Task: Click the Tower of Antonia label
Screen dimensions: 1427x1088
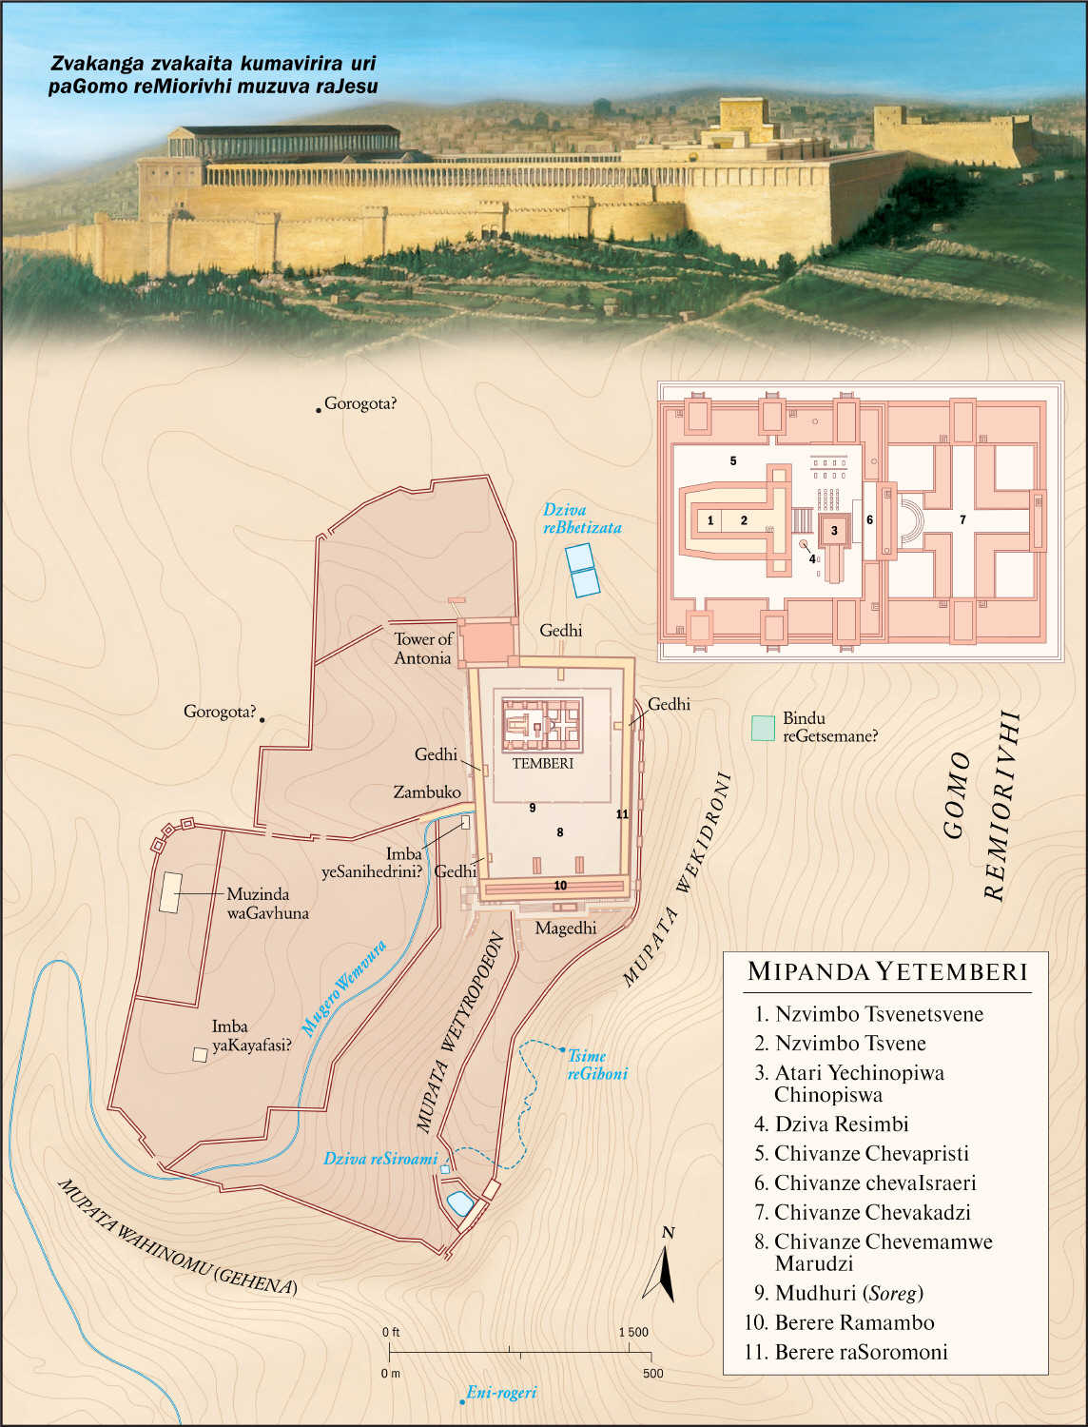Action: [423, 649]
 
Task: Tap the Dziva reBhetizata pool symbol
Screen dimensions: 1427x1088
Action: [582, 569]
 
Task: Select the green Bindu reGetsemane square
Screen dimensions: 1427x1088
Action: [763, 728]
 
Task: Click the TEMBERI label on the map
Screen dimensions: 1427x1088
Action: [543, 763]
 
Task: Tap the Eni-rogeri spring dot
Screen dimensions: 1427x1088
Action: [462, 1401]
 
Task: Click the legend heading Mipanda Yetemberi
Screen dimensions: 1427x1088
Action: [887, 971]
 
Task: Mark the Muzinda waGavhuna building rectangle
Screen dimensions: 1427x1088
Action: [171, 893]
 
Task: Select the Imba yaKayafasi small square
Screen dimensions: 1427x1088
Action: [200, 1054]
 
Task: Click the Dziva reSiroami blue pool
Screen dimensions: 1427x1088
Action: [459, 1203]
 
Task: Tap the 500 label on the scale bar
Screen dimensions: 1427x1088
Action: [652, 1373]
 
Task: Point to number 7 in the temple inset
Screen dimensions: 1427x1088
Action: [962, 519]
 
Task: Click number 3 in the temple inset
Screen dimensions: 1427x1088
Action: [834, 531]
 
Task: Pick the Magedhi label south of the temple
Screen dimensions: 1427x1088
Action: [566, 928]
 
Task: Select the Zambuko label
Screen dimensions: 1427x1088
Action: [427, 792]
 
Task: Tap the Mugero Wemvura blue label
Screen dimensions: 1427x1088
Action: [343, 988]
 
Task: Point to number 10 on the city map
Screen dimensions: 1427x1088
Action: [560, 886]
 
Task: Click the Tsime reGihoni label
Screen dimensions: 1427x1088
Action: [597, 1065]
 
